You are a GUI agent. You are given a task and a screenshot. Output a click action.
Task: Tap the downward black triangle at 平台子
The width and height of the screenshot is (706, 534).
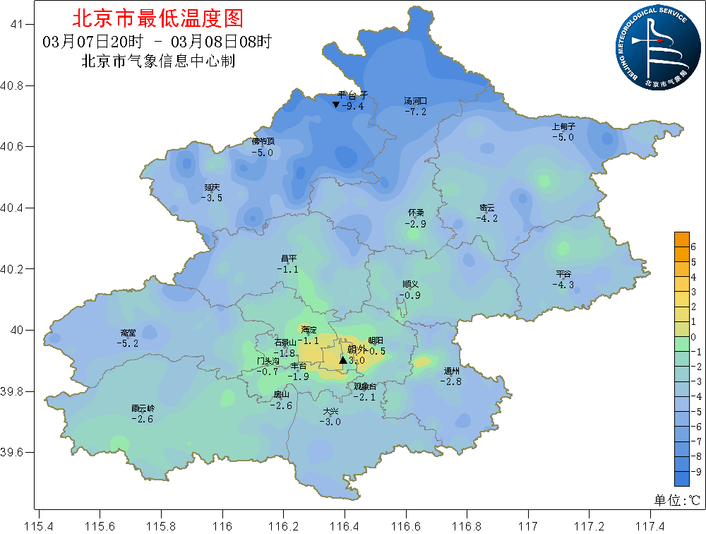point(336,105)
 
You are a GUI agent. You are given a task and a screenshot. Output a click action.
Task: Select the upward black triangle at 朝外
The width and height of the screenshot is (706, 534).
point(343,360)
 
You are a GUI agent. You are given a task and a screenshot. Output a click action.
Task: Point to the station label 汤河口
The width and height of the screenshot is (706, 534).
point(415,101)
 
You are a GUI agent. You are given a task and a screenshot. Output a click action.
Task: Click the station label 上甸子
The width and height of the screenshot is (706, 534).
point(564,126)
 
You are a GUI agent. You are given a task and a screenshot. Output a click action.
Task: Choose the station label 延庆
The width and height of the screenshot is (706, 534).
point(212,187)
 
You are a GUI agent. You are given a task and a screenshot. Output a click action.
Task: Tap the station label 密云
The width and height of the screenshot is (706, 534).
point(487,208)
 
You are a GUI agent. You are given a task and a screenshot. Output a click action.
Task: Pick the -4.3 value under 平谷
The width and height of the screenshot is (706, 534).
point(563,285)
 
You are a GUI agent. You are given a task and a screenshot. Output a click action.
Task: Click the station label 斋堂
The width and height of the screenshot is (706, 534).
point(128,333)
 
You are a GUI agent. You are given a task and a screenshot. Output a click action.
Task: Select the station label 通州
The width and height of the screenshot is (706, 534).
point(452,371)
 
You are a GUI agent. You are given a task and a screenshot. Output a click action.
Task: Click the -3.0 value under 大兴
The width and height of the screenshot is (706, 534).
point(330,422)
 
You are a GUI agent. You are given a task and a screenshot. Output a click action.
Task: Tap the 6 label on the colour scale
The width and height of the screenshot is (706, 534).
point(693,247)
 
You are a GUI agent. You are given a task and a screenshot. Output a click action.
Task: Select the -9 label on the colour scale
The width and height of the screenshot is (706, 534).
point(695,471)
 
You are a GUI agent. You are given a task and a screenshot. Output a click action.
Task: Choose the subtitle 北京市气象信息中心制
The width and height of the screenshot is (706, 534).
point(158,61)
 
